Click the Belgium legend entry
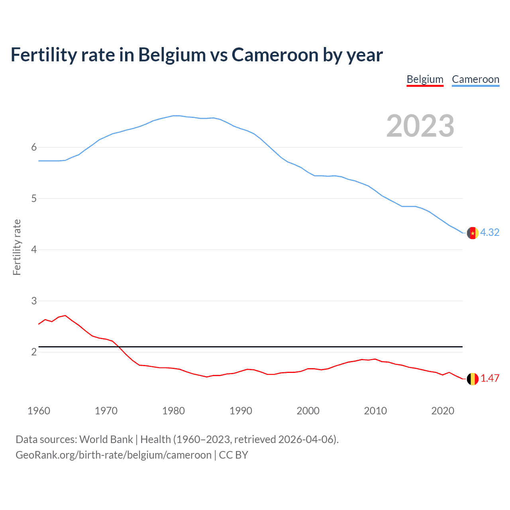pos(425,79)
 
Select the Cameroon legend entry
pos(475,79)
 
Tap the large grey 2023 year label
pos(420,126)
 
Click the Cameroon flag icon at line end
pos(473,233)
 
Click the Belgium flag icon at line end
pos(473,379)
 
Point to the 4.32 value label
pos(490,232)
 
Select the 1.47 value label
pos(490,378)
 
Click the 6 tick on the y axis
pos(34,147)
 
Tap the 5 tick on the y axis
pos(34,198)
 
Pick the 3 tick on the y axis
pos(34,301)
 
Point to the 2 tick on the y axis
pos(34,352)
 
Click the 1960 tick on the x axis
pos(39,411)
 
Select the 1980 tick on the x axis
pos(173,411)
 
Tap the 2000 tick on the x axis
pos(308,411)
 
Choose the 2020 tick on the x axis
pos(443,411)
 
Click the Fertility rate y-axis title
pos(17,247)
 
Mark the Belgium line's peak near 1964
pos(65,315)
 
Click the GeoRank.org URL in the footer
pos(114,455)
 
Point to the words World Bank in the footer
pos(106,439)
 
